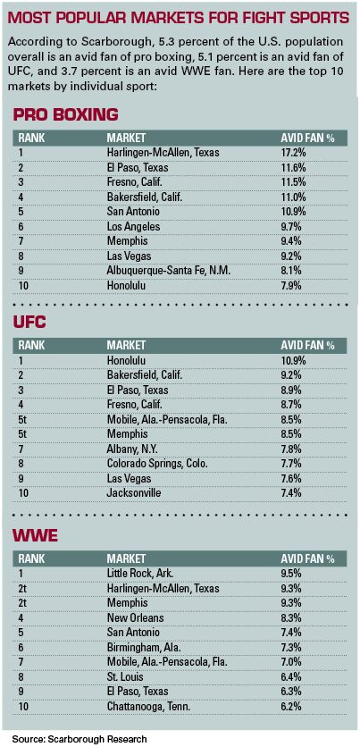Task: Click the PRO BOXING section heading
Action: click(65, 114)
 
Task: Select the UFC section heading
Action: click(29, 323)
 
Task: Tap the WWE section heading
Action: click(35, 535)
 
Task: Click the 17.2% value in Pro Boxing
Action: click(292, 154)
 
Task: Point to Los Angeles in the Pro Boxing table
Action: click(133, 228)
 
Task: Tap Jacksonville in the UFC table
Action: click(133, 493)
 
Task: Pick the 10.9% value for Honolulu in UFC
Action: click(292, 361)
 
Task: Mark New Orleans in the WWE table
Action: click(135, 618)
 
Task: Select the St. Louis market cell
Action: click(126, 677)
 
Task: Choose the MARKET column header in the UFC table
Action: click(126, 346)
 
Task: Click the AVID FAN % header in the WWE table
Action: click(307, 558)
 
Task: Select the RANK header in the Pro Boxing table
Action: click(31, 138)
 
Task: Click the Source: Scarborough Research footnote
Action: click(80, 739)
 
